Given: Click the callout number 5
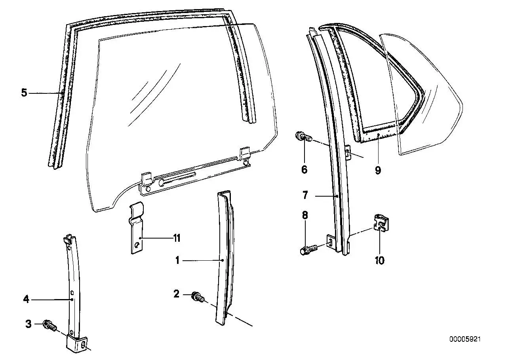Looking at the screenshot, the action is (x=24, y=93).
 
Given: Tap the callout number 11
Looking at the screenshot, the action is (x=177, y=238).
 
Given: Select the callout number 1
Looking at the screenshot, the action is (x=177, y=260).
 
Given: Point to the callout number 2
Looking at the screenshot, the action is (x=177, y=294).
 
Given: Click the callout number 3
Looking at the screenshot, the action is (x=28, y=324).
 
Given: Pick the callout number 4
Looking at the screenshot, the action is (x=27, y=299).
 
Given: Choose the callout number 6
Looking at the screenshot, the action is (x=304, y=169).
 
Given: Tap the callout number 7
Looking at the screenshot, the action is (x=305, y=195).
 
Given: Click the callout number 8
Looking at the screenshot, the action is (x=305, y=215).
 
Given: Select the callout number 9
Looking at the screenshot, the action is (x=378, y=170).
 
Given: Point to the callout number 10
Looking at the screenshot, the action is (x=380, y=260).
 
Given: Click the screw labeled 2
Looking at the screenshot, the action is (x=198, y=297).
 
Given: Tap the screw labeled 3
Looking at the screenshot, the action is (x=50, y=326).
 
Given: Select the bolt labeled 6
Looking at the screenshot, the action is (x=303, y=136).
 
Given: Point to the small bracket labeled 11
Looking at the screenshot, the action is (x=136, y=227).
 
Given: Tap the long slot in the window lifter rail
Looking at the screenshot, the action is (x=177, y=178).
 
